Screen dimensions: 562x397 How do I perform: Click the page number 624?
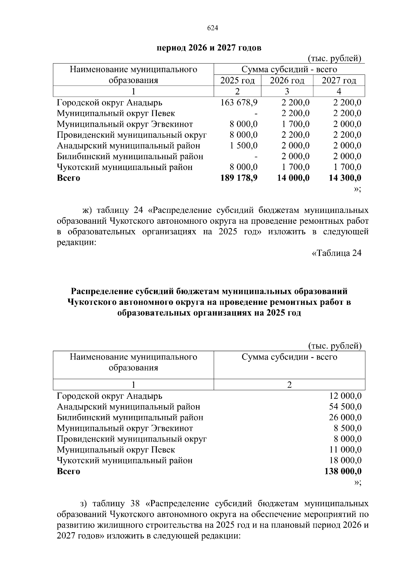tap(212, 28)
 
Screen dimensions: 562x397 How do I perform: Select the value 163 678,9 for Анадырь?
tap(239, 103)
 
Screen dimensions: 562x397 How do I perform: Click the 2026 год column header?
tap(287, 80)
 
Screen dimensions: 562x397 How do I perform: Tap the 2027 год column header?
tap(339, 80)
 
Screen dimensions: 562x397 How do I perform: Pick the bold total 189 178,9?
tap(239, 178)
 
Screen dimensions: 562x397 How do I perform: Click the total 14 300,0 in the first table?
tap(345, 178)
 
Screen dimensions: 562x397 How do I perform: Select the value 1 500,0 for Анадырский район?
tap(244, 146)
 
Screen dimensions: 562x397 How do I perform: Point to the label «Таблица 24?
tap(337, 253)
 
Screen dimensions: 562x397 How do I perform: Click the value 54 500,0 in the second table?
tap(345, 407)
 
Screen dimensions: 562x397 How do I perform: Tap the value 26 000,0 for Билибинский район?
tap(345, 417)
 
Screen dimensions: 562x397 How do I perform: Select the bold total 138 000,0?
tap(343, 471)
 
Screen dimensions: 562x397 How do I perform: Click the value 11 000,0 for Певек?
tap(345, 450)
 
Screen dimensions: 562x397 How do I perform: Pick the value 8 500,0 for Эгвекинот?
tap(347, 428)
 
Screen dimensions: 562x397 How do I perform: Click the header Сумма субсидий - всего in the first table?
tap(289, 70)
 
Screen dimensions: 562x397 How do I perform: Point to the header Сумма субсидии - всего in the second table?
tap(289, 357)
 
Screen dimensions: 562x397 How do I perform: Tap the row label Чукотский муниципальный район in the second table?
tap(124, 460)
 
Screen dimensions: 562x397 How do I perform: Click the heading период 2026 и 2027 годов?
tap(209, 48)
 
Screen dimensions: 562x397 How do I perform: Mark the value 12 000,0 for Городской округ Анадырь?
tap(345, 396)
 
